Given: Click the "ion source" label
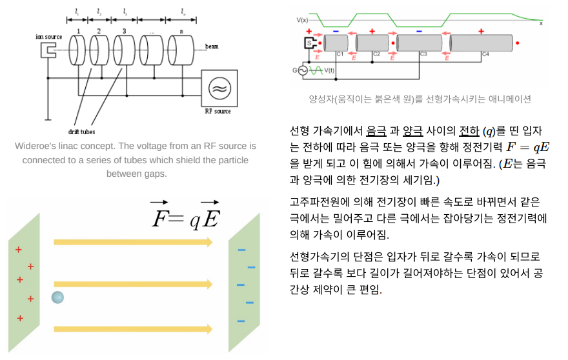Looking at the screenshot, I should (x=49, y=37).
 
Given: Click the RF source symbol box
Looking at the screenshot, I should (x=219, y=88).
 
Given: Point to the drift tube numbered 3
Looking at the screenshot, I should (x=125, y=50).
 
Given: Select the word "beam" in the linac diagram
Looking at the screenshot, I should (x=211, y=46).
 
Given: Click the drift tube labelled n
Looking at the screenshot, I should (x=181, y=50).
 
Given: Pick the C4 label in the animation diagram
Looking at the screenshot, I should (x=485, y=54).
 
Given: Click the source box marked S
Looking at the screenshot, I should (x=308, y=43).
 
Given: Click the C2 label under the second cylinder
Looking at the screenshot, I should (x=376, y=54).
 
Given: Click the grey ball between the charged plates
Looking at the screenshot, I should (x=58, y=297).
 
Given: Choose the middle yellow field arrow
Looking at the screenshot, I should (x=133, y=284).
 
